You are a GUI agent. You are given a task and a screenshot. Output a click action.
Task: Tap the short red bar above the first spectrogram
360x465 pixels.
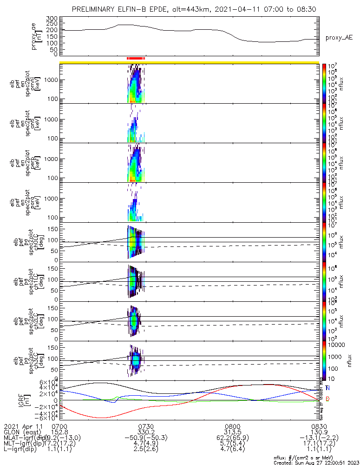(136, 58)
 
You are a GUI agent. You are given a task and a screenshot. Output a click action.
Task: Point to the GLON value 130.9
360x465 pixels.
(319, 432)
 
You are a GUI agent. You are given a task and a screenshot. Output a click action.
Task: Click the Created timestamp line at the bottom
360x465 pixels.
(316, 463)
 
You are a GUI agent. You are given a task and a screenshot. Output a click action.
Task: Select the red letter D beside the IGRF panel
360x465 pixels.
(328, 399)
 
